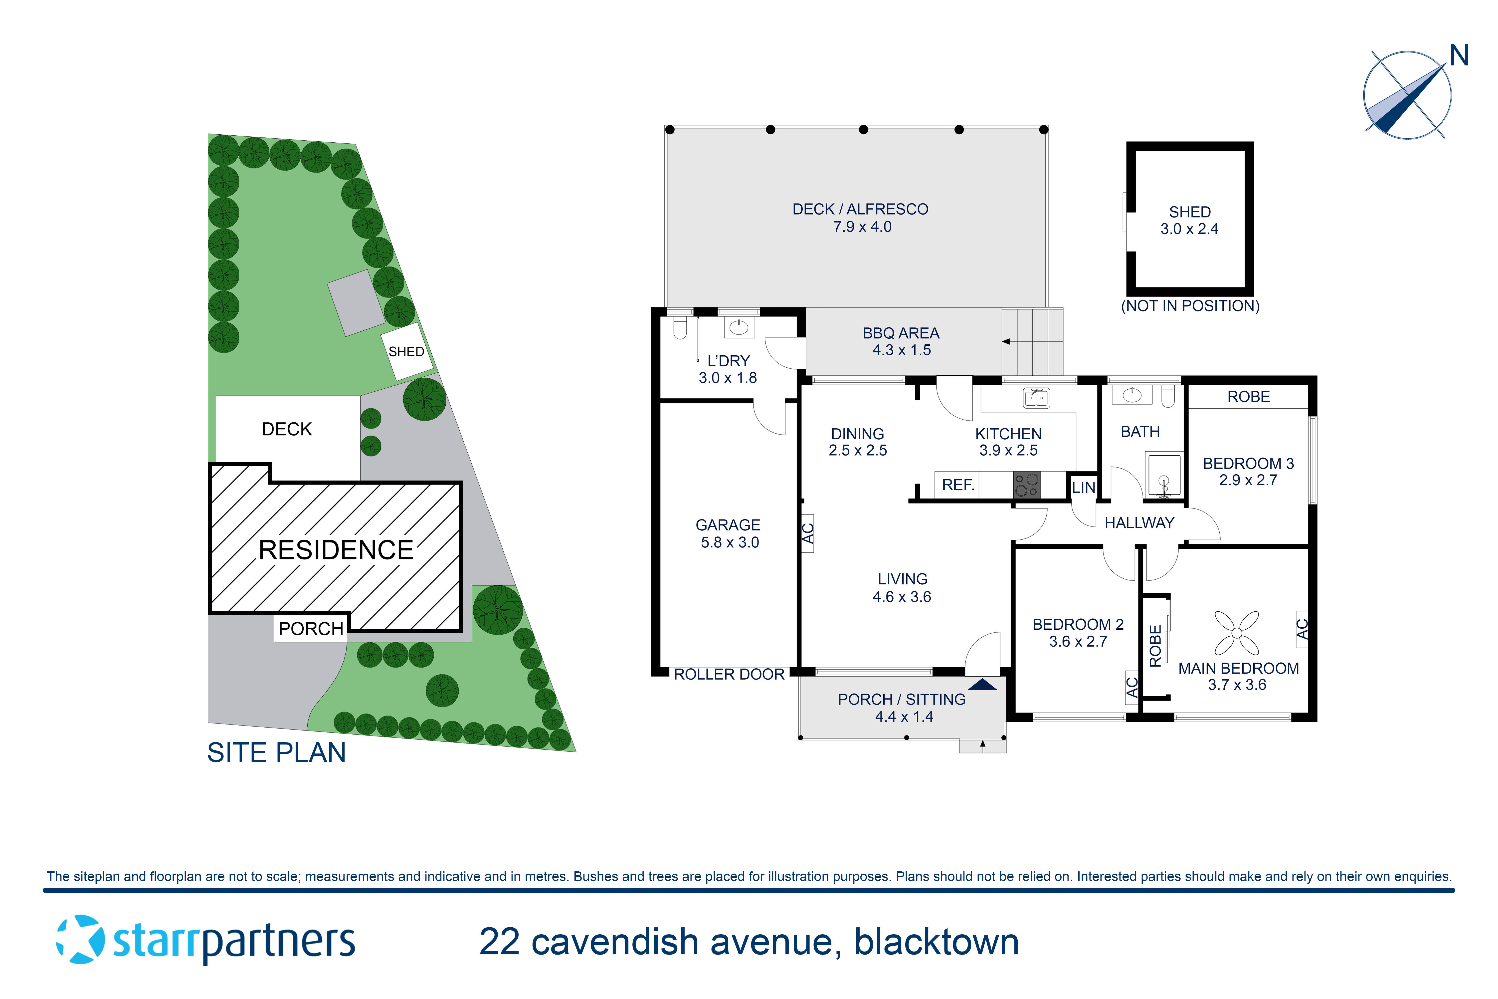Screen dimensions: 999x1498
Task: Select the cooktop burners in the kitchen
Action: pyautogui.click(x=1027, y=485)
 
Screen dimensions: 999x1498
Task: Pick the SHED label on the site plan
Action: pyautogui.click(x=406, y=352)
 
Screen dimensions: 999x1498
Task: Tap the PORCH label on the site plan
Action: pyautogui.click(x=311, y=629)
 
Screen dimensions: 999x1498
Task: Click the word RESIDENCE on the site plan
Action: pyautogui.click(x=336, y=550)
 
